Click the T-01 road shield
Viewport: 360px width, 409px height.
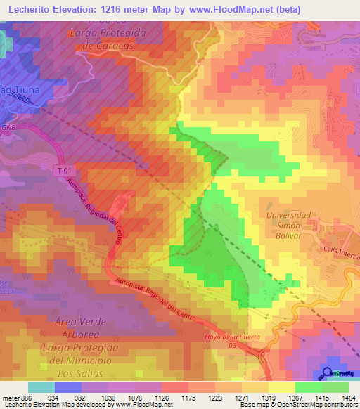[x=64, y=171]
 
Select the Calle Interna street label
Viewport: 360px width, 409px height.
[x=340, y=253]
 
